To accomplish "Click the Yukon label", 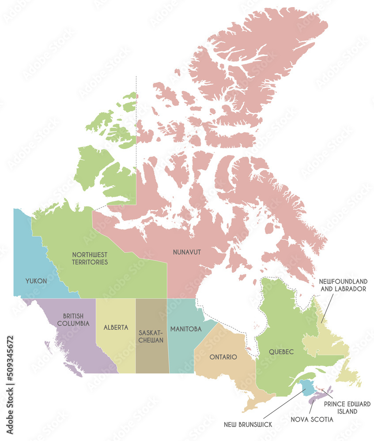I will coord(36,280).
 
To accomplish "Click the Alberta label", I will coord(116,328).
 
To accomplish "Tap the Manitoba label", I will coord(186,329).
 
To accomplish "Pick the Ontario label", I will coord(223,356).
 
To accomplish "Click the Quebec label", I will coord(281,352).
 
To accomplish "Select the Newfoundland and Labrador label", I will coord(343,285).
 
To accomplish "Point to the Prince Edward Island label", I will coord(347,407).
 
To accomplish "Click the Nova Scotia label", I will coord(312,419).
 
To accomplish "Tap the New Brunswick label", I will coord(248,424).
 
